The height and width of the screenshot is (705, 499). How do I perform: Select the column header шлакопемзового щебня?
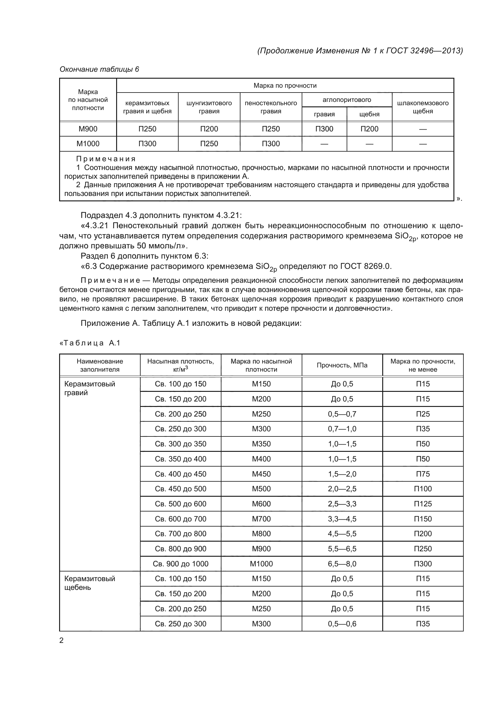pos(423,107)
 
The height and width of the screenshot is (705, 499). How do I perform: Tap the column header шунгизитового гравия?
pos(209,107)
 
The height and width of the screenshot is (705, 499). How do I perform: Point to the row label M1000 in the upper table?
pos(88,144)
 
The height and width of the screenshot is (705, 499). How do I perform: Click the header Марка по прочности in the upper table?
pos(285,86)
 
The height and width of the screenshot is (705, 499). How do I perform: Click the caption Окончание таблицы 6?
pos(99,69)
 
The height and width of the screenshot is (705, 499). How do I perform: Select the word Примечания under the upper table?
pos(106,159)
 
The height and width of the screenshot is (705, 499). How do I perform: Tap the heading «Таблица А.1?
pos(90,343)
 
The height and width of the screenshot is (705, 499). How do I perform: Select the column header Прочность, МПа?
pos(342,365)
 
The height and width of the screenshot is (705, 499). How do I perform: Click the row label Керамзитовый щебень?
pos(89,583)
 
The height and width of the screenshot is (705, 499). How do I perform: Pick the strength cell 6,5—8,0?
pos(342,564)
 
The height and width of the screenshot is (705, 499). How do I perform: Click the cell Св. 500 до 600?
pos(180,504)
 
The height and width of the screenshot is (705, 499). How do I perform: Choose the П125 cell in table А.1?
pos(423,504)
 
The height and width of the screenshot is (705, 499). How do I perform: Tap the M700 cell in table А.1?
pos(261,519)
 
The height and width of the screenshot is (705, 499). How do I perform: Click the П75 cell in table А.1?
pos(423,474)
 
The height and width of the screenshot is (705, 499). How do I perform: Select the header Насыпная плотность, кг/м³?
pos(180,365)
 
